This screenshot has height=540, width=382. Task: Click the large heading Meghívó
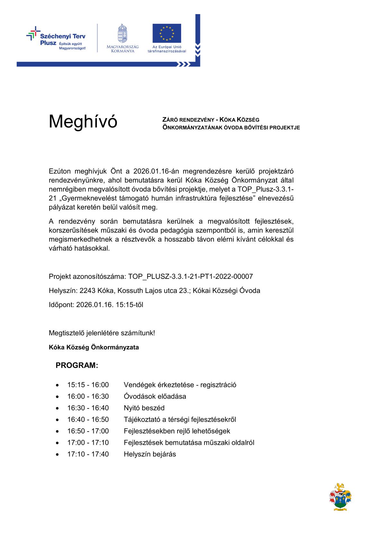pyautogui.click(x=83, y=122)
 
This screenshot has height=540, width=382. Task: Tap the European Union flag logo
pyautogui.click(x=167, y=33)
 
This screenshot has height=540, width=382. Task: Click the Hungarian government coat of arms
pyautogui.click(x=122, y=33)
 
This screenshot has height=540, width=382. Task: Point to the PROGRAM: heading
pyautogui.click(x=77, y=365)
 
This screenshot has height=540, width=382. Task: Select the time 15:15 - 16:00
pyautogui.click(x=88, y=385)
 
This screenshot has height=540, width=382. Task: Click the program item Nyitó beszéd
pyautogui.click(x=144, y=408)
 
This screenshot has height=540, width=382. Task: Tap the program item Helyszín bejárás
pyautogui.click(x=150, y=454)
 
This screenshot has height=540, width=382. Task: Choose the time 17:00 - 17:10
pyautogui.click(x=88, y=442)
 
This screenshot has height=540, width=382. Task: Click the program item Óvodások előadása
pyautogui.click(x=155, y=396)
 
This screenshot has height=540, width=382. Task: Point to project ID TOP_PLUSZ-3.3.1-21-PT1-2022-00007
pyautogui.click(x=191, y=276)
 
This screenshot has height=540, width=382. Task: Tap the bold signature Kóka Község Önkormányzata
pyautogui.click(x=94, y=347)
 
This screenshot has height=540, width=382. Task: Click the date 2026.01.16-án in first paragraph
pyautogui.click(x=153, y=171)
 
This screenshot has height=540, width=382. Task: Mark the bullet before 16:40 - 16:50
pyautogui.click(x=57, y=420)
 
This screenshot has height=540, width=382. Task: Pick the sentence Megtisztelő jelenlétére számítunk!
pyautogui.click(x=102, y=333)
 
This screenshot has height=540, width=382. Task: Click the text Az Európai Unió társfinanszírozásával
pyautogui.click(x=167, y=49)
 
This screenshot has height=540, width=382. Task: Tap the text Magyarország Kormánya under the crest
pyautogui.click(x=122, y=49)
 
